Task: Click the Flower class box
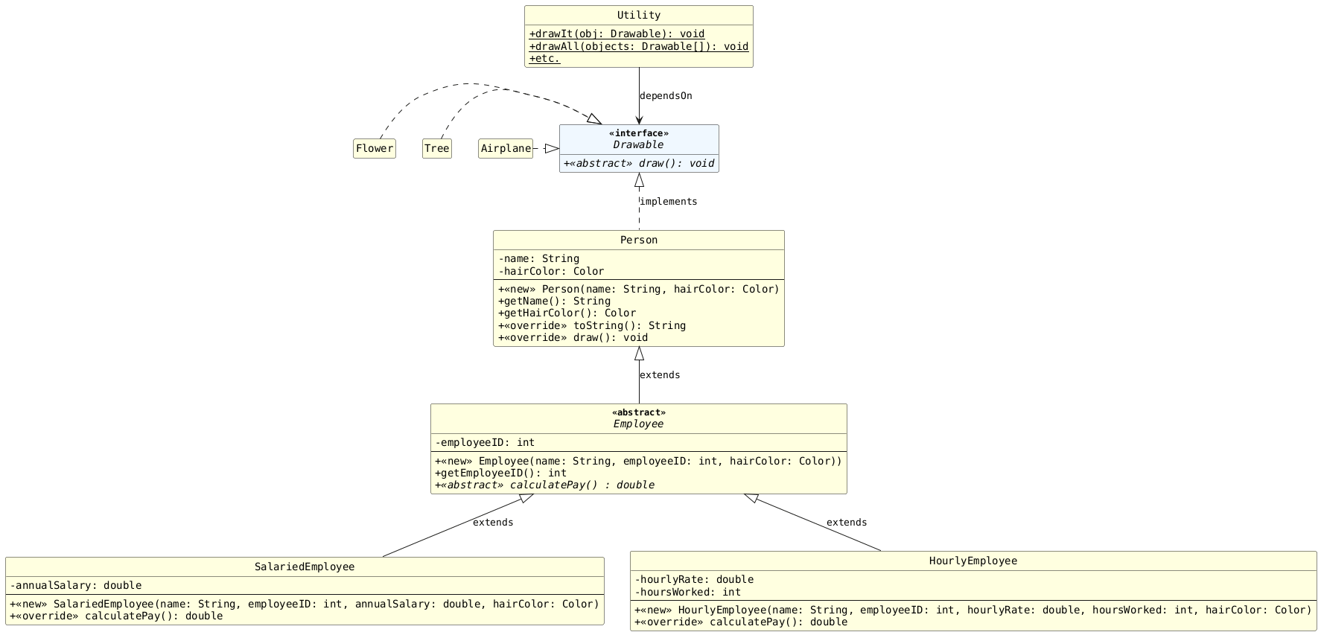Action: (375, 149)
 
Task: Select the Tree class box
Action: (436, 149)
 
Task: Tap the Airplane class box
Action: (506, 149)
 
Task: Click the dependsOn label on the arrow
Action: (666, 96)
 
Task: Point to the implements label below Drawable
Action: (668, 202)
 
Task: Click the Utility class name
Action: (638, 16)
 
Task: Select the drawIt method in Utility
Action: (617, 34)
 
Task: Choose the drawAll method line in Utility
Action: (638, 47)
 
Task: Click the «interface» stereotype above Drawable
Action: (638, 133)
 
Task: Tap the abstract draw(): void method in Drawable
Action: (638, 164)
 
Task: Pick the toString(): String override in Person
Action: (591, 326)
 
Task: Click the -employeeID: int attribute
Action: (485, 443)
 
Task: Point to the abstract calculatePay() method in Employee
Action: (544, 485)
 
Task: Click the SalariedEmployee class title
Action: (304, 567)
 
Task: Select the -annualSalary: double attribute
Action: (75, 586)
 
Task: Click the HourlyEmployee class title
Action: (973, 561)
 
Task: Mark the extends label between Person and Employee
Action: (659, 375)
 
